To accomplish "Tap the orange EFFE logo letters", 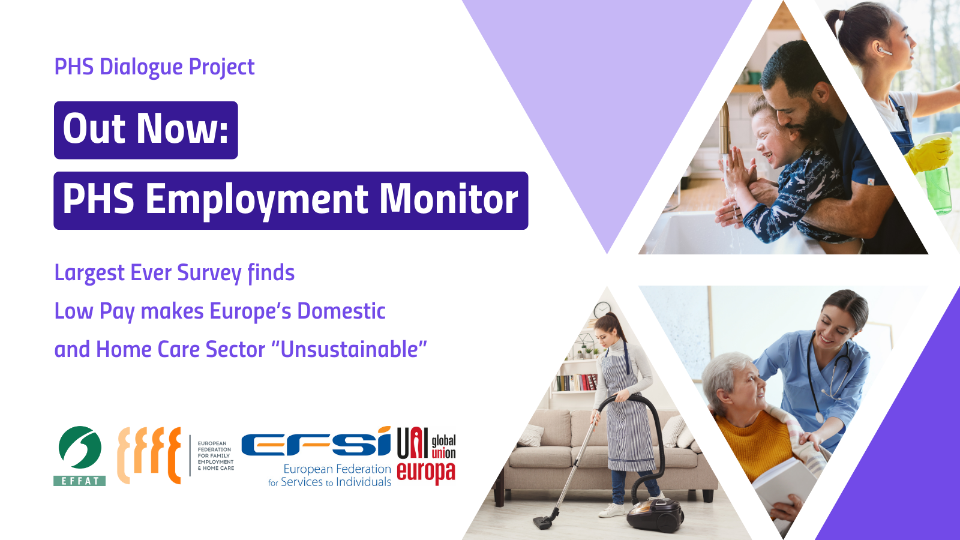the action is point(149,455).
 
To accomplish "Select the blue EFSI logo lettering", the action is point(316,442).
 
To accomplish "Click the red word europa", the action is point(426,472).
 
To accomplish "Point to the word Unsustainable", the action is point(349,349).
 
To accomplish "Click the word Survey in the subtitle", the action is point(209,274).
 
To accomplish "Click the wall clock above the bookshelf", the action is point(602,310).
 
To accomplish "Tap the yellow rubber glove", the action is point(929,153).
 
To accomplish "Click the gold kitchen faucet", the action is point(724,128).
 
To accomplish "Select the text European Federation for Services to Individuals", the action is point(329,475).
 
